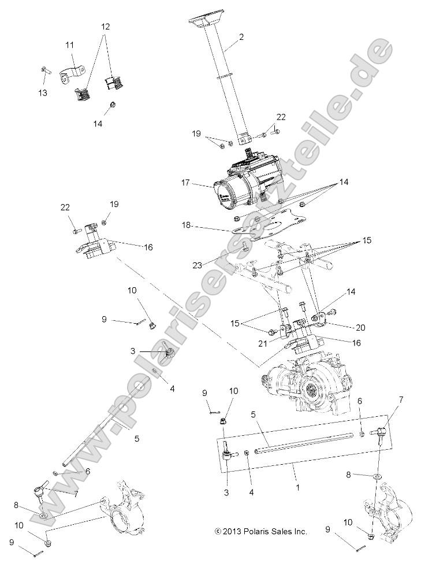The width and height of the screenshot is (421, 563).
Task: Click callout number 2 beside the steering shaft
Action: [x=241, y=38]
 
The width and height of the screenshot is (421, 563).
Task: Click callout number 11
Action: [x=69, y=45]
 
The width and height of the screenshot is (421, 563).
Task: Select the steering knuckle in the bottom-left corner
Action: [x=121, y=509]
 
